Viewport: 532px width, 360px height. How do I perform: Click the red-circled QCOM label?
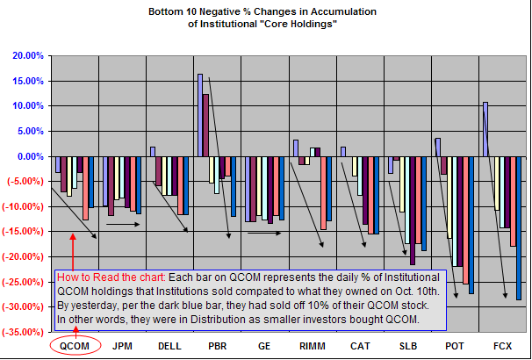tap(75, 346)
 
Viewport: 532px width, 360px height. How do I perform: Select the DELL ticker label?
tap(170, 346)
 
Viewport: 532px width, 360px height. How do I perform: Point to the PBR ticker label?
tap(218, 346)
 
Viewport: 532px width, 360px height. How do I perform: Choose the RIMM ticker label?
tap(313, 346)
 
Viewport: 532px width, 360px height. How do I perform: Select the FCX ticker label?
tap(502, 346)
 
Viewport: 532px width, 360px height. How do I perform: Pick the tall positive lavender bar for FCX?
tap(485, 129)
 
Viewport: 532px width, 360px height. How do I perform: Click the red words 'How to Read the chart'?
tap(107, 273)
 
